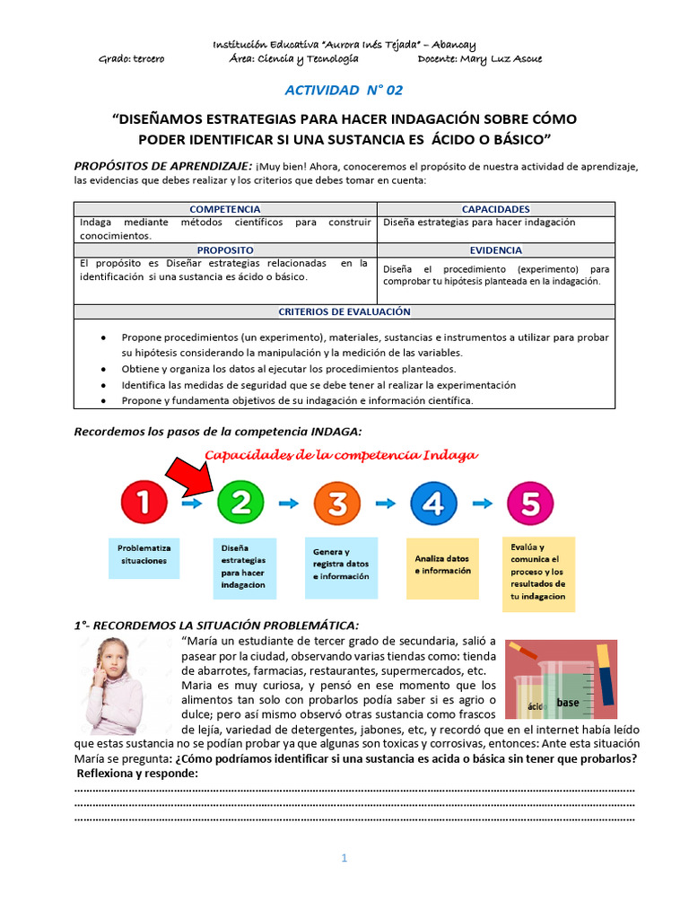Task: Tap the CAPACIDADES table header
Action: pyautogui.click(x=495, y=208)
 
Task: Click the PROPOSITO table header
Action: pyautogui.click(x=225, y=249)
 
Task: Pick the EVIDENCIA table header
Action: pyautogui.click(x=495, y=250)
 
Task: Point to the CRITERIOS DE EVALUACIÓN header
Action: pyautogui.click(x=344, y=311)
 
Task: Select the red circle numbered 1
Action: pyautogui.click(x=144, y=504)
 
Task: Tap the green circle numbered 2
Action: pyautogui.click(x=240, y=504)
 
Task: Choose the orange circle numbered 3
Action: pyautogui.click(x=337, y=504)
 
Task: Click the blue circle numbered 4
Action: pyautogui.click(x=433, y=504)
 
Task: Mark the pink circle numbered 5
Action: pyautogui.click(x=530, y=504)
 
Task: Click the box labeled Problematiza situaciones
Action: pyautogui.click(x=144, y=553)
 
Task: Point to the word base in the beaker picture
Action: pyautogui.click(x=567, y=703)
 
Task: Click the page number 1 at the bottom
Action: pyautogui.click(x=344, y=859)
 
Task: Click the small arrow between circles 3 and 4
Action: pyautogui.click(x=386, y=504)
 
